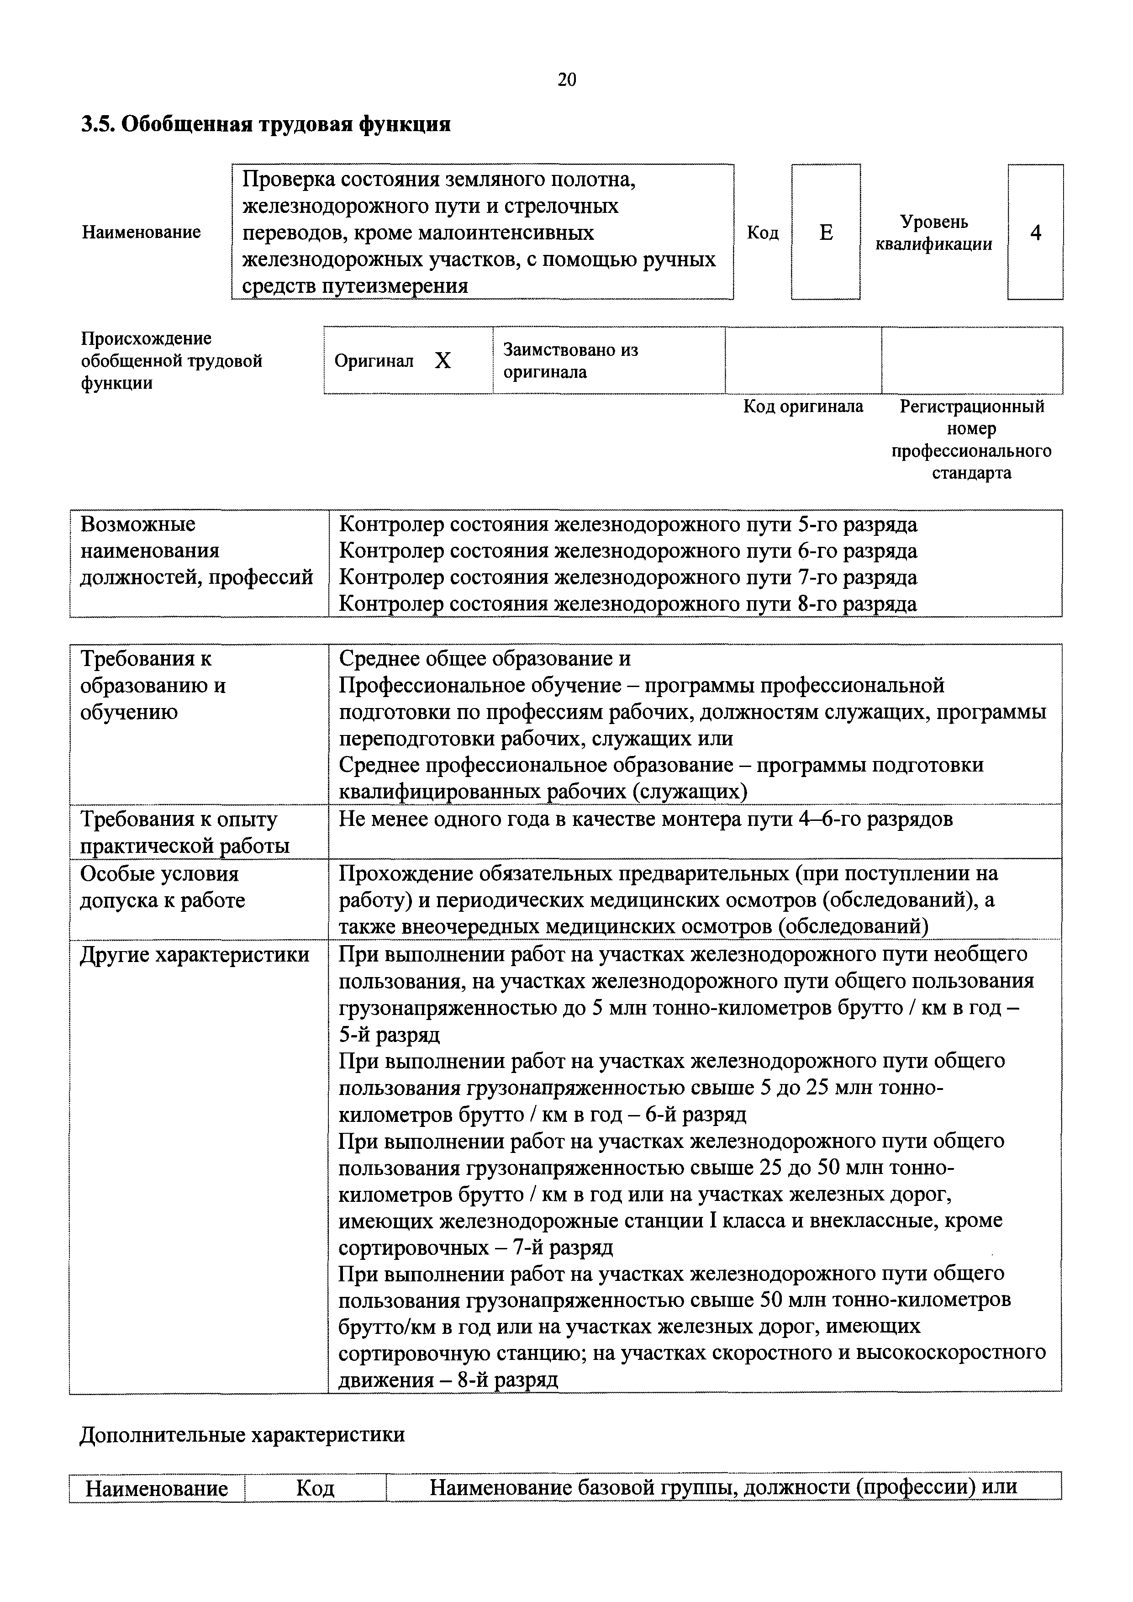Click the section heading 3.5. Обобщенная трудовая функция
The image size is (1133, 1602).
point(266,125)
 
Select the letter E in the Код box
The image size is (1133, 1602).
point(825,233)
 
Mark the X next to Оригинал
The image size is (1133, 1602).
point(443,361)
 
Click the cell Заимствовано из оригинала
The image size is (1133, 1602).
point(571,361)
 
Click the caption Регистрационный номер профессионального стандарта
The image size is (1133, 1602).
point(971,439)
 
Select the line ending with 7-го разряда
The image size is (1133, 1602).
point(628,578)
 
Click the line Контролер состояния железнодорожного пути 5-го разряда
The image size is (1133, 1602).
point(628,525)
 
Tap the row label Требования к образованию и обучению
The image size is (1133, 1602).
point(153,685)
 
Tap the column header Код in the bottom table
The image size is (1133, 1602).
point(316,1488)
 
